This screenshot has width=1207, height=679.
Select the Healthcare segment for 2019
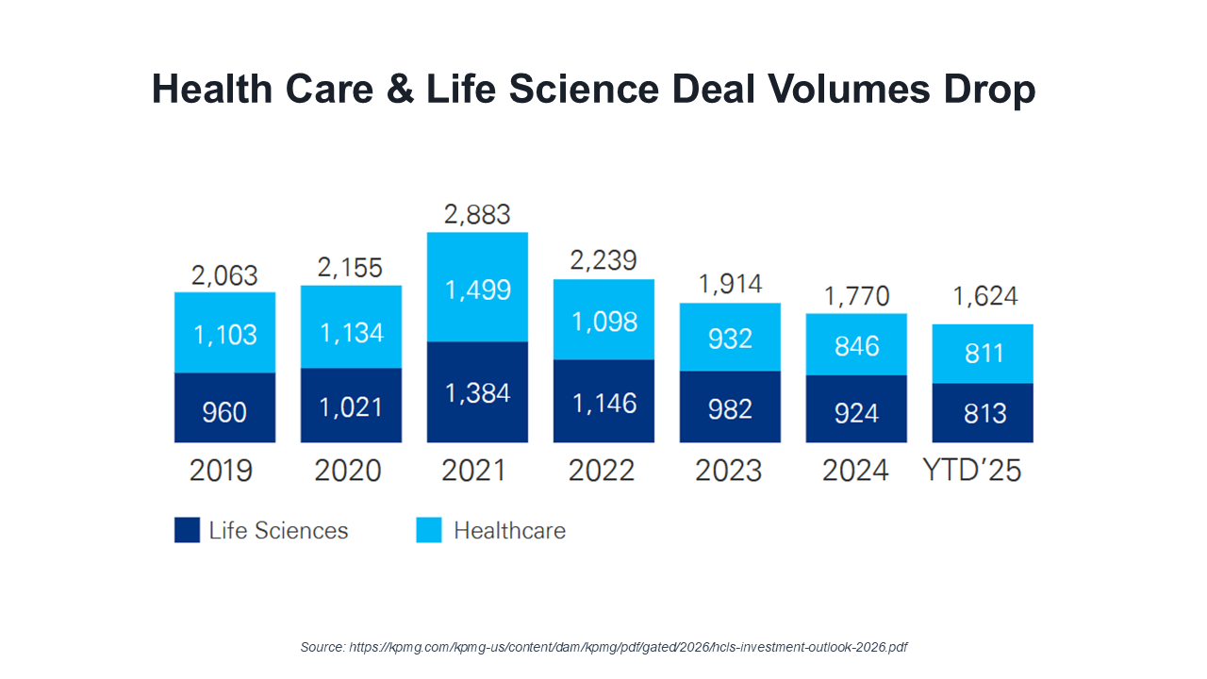pos(224,334)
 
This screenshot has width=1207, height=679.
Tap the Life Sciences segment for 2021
pos(477,391)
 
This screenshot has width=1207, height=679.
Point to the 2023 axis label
pos(729,470)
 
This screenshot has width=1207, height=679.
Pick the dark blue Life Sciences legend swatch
pos(188,530)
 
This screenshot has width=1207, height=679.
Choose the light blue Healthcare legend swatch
pos(429,530)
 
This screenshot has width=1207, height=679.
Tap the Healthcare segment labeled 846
pos(856,345)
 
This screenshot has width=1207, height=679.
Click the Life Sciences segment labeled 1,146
pos(603,403)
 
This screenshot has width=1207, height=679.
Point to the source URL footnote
pos(603,647)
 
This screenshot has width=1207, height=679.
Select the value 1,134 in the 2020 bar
pos(351,332)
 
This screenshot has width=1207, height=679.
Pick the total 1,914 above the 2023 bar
pos(729,284)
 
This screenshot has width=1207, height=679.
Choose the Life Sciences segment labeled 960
pos(224,411)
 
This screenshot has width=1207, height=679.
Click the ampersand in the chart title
pos(396,91)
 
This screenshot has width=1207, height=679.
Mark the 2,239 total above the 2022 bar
pos(603,260)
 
